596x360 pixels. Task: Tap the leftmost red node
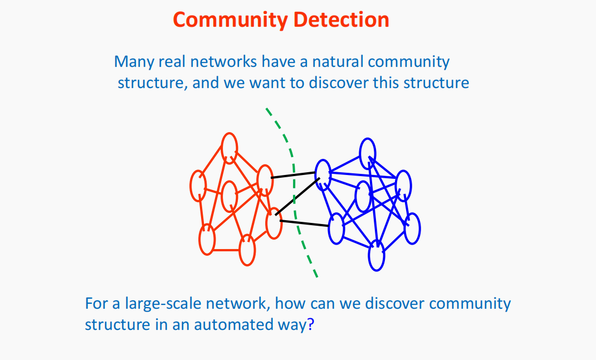pyautogui.click(x=198, y=186)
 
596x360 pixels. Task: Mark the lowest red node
pyautogui.click(x=247, y=250)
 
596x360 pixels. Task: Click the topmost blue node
pyautogui.click(x=367, y=152)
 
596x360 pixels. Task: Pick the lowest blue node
pyautogui.click(x=377, y=256)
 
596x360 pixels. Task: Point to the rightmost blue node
pyautogui.click(x=412, y=228)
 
